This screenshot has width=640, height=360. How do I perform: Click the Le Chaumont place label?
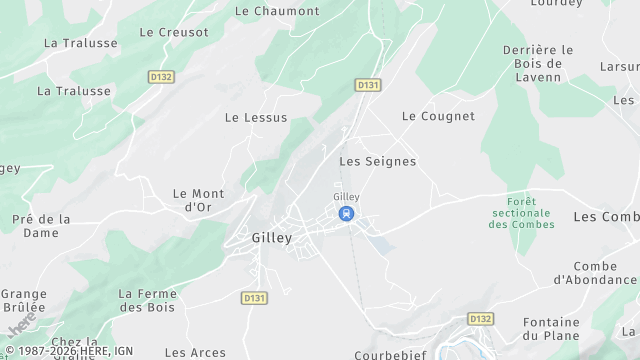[x=276, y=11]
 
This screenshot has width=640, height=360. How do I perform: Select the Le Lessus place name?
[x=256, y=117]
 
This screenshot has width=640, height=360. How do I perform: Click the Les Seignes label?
[x=377, y=160]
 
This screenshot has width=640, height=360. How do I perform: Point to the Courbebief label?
[x=391, y=354]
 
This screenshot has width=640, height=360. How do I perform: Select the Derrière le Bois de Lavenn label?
[x=537, y=64]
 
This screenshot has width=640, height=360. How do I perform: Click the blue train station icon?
[x=346, y=213]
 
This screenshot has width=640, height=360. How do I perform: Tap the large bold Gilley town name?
[x=265, y=239]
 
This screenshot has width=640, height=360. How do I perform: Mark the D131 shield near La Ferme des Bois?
[x=254, y=297]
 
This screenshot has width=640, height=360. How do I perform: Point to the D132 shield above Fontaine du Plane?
[x=481, y=319]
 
